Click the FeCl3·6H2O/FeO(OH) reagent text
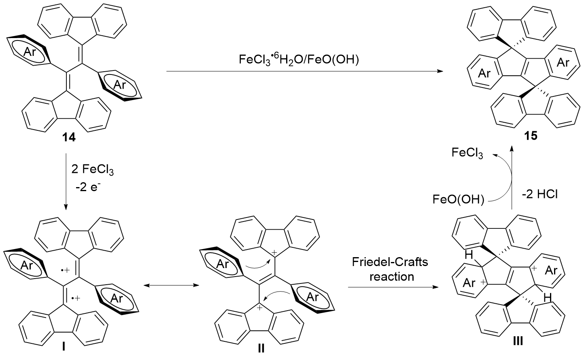pyautogui.click(x=302, y=60)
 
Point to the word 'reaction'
pyautogui.click(x=391, y=277)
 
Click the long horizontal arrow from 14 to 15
pyautogui.click(x=304, y=72)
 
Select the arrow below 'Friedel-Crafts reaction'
pyautogui.click(x=393, y=288)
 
